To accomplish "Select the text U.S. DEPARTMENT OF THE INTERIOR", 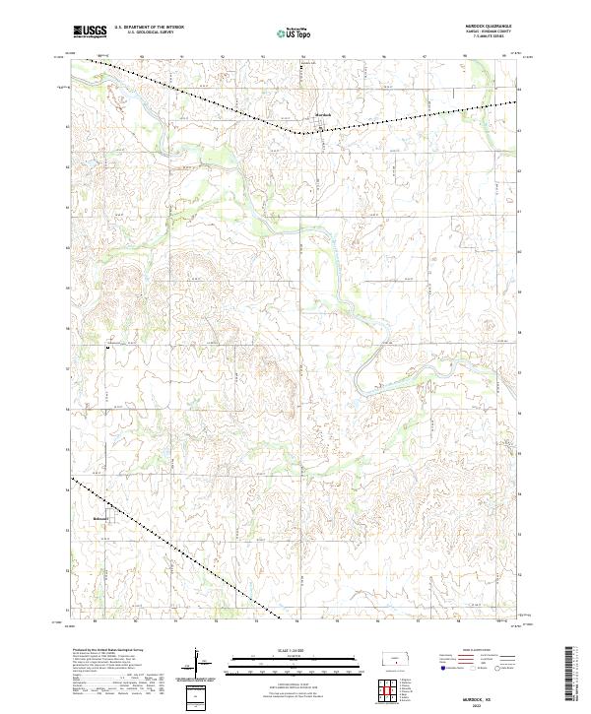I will point(149,28).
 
